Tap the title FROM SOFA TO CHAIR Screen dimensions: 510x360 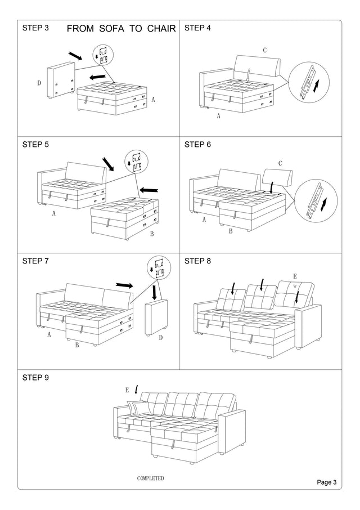pyautogui.click(x=121, y=29)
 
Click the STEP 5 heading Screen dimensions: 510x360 pyautogui.click(x=35, y=145)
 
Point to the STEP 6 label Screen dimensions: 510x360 pyautogui.click(x=198, y=145)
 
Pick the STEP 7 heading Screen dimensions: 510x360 pyautogui.click(x=35, y=261)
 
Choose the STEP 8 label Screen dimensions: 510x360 pyautogui.click(x=198, y=261)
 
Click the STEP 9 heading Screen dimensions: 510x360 pyautogui.click(x=35, y=378)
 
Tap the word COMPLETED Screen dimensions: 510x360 pyautogui.click(x=151, y=478)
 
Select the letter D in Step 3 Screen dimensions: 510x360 pyautogui.click(x=39, y=83)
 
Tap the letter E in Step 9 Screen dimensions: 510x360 pyautogui.click(x=127, y=390)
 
